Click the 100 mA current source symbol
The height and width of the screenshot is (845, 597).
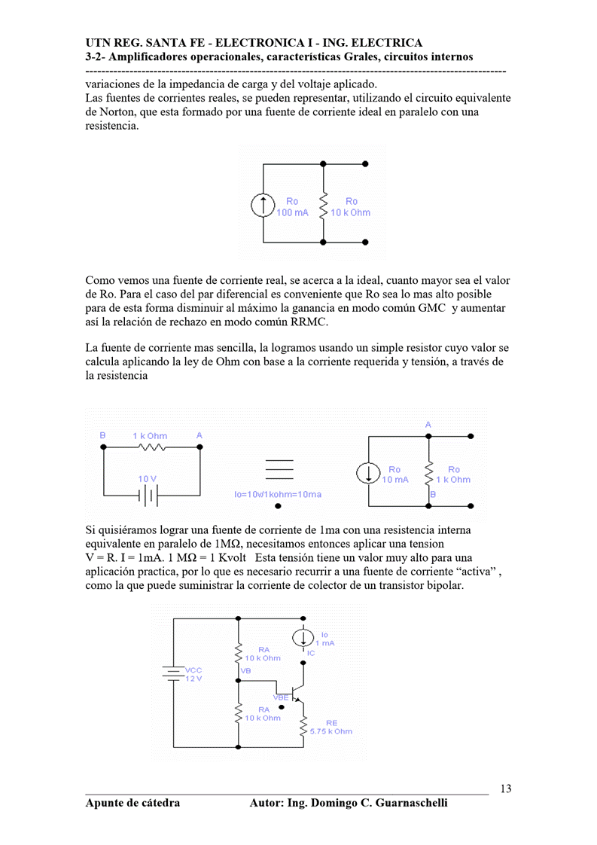263,206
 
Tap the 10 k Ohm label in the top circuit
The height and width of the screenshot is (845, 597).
350,212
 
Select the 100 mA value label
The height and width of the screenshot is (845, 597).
292,212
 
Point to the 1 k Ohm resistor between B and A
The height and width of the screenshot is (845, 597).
151,447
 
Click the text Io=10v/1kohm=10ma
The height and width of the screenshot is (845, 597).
278,494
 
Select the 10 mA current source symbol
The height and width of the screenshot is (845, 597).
369,474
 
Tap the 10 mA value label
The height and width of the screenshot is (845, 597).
395,480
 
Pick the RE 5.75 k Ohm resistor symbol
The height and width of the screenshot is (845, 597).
303,727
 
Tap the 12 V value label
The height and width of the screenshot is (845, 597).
193,679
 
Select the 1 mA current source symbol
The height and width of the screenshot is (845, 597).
303,636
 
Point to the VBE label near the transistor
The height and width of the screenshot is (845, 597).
281,698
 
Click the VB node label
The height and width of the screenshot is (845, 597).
245,670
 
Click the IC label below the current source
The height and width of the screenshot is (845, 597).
311,652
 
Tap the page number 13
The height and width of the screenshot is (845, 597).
505,789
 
